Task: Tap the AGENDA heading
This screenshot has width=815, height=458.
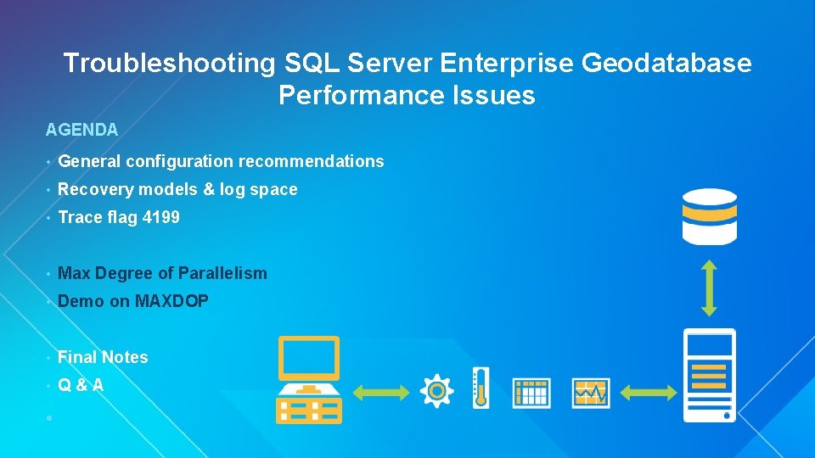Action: point(81,130)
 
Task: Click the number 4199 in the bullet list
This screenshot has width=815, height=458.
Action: point(161,217)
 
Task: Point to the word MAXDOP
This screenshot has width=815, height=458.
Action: point(171,301)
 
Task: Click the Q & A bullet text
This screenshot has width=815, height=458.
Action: point(81,385)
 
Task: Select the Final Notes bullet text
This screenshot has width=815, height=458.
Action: point(103,357)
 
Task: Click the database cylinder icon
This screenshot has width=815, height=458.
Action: point(709,216)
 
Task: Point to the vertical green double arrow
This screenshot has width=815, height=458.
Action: point(709,288)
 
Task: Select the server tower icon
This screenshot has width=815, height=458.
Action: point(709,375)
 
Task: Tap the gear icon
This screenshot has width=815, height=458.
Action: point(436,390)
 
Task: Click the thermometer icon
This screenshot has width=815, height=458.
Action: point(481,388)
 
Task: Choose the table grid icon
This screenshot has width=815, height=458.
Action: point(531,392)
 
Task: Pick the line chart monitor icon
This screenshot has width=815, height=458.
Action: point(591,392)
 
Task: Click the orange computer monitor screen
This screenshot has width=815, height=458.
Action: point(309,358)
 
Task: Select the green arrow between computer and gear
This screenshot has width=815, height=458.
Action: point(379,391)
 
